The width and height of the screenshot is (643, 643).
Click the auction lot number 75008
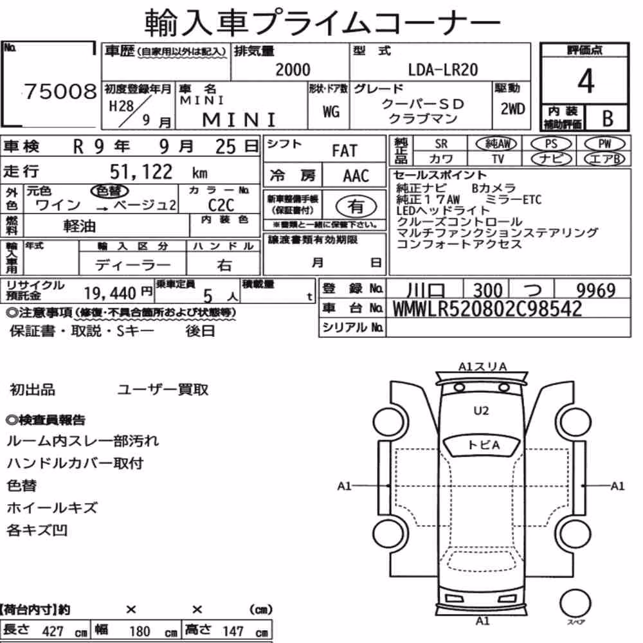(x=60, y=91)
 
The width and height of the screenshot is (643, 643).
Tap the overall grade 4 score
(x=585, y=81)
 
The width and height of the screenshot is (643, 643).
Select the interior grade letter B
(x=608, y=118)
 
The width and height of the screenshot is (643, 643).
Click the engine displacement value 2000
(x=293, y=69)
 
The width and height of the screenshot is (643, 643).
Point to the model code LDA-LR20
(x=443, y=69)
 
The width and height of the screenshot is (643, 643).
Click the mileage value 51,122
(x=141, y=172)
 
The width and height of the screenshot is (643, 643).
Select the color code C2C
(x=221, y=204)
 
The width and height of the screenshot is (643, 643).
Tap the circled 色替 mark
(x=109, y=191)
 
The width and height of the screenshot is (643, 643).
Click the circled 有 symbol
(x=356, y=206)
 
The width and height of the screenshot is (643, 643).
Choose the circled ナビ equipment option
(x=551, y=159)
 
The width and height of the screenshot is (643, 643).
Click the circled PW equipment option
(x=604, y=143)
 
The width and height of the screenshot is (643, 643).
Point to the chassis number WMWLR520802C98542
(x=487, y=309)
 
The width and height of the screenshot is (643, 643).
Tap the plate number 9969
(x=596, y=290)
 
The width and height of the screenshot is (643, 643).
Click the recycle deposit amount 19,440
(x=110, y=293)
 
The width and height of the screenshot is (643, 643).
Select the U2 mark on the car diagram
(x=481, y=410)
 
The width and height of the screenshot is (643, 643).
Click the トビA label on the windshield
(x=484, y=445)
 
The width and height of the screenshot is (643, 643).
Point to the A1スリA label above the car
(x=483, y=367)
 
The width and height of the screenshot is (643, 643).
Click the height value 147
(x=233, y=631)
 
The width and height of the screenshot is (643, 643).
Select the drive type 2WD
(x=512, y=109)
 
